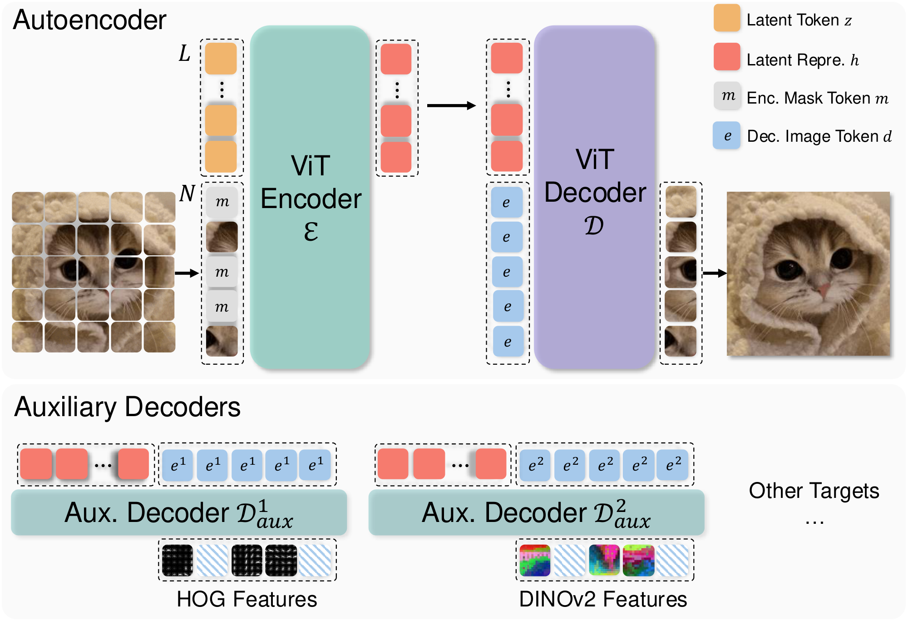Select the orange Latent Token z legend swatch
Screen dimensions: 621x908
(x=727, y=18)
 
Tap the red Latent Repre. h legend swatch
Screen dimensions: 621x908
(x=727, y=57)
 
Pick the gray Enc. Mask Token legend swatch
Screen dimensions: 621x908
(x=727, y=96)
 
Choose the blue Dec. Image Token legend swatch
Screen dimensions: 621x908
(x=726, y=135)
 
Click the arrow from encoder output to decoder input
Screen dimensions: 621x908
(x=451, y=106)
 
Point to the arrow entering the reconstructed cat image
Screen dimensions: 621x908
(x=715, y=273)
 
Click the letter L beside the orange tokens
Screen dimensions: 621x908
(x=184, y=54)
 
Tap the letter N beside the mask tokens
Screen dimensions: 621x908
(x=187, y=194)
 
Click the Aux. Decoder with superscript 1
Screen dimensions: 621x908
(x=179, y=512)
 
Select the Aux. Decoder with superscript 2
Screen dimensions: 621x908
(x=536, y=512)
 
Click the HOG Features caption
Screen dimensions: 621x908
(x=247, y=599)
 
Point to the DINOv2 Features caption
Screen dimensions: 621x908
(x=603, y=599)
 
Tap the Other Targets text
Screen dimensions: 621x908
(x=814, y=491)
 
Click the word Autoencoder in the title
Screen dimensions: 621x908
(x=89, y=20)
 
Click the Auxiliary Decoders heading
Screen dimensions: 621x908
(x=127, y=407)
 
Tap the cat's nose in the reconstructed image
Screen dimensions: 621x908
(x=823, y=288)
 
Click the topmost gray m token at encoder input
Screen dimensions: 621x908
(x=222, y=202)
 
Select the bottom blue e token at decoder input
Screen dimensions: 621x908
(x=508, y=342)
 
